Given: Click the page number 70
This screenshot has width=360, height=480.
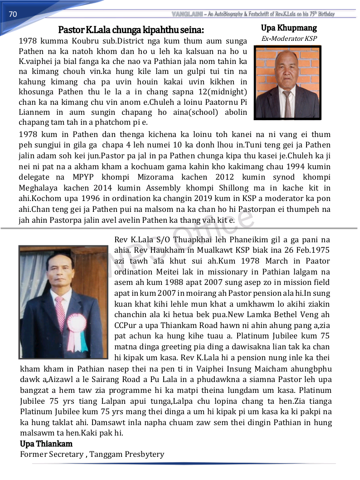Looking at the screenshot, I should click(x=13, y=15).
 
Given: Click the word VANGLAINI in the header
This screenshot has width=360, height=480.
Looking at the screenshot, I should click(x=187, y=14).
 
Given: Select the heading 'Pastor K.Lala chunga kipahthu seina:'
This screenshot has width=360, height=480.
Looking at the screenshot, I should click(x=131, y=30).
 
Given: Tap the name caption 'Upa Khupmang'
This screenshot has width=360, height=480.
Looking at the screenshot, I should click(x=289, y=28).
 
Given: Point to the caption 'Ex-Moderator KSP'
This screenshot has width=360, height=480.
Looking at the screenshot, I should click(x=289, y=39).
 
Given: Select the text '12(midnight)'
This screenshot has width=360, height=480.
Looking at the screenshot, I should click(x=222, y=92).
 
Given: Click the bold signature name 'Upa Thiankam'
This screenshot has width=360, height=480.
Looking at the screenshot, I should click(x=46, y=444).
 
